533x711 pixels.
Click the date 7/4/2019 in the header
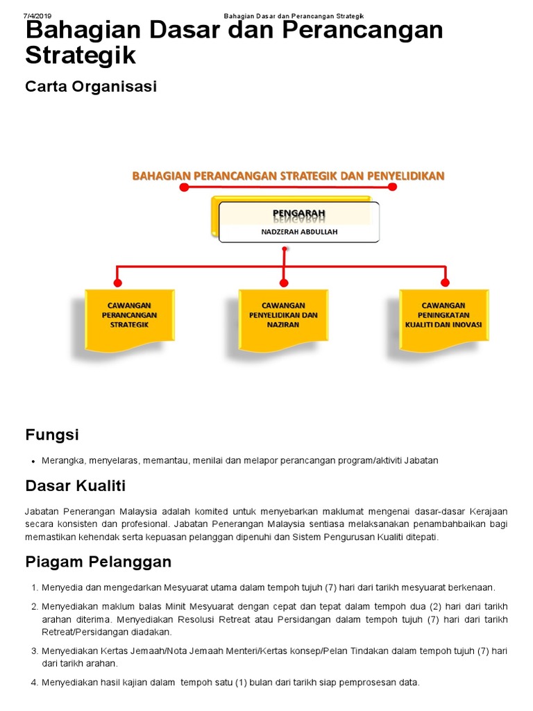37,16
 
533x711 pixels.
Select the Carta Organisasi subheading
91,87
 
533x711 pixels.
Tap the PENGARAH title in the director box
298,212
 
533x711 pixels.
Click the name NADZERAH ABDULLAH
299,232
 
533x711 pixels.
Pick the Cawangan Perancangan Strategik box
129,315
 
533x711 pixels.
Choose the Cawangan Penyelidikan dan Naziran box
283,315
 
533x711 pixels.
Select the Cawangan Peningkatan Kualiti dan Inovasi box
444,315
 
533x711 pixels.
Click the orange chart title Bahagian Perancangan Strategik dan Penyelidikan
288,176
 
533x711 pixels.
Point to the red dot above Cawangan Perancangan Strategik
117,283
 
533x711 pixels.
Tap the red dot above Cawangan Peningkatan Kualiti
445,283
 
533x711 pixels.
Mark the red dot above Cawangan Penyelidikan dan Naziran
283,283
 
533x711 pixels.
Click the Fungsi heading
52,435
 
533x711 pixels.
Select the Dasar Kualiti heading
76,485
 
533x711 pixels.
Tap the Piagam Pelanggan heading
98,562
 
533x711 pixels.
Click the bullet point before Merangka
34,461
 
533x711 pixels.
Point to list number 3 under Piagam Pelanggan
34,651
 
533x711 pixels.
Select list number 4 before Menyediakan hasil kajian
34,683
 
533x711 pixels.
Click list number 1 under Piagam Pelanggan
34,587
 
